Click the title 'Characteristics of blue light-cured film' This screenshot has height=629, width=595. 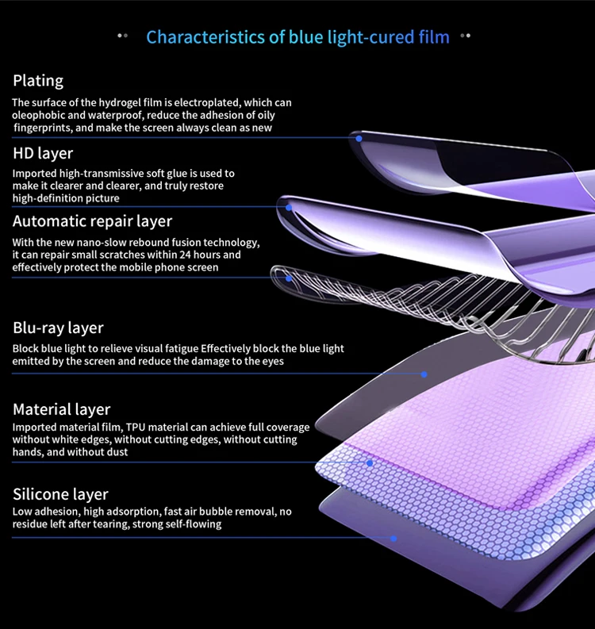[297, 36]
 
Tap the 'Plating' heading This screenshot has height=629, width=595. [38, 81]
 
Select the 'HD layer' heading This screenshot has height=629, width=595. [43, 153]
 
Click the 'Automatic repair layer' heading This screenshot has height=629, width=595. [92, 221]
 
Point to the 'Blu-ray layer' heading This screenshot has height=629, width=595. [58, 328]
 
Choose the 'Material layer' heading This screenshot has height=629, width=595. [61, 409]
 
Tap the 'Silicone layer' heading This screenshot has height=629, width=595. [60, 494]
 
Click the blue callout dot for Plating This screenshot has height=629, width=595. [359, 138]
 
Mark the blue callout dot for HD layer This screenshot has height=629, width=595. [290, 207]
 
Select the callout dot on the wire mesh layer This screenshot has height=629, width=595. [290, 278]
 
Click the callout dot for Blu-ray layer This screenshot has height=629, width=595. [424, 374]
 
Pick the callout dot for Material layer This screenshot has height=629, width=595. [369, 462]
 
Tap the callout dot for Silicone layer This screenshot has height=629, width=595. [393, 539]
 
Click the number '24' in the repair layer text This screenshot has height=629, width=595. [190, 255]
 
